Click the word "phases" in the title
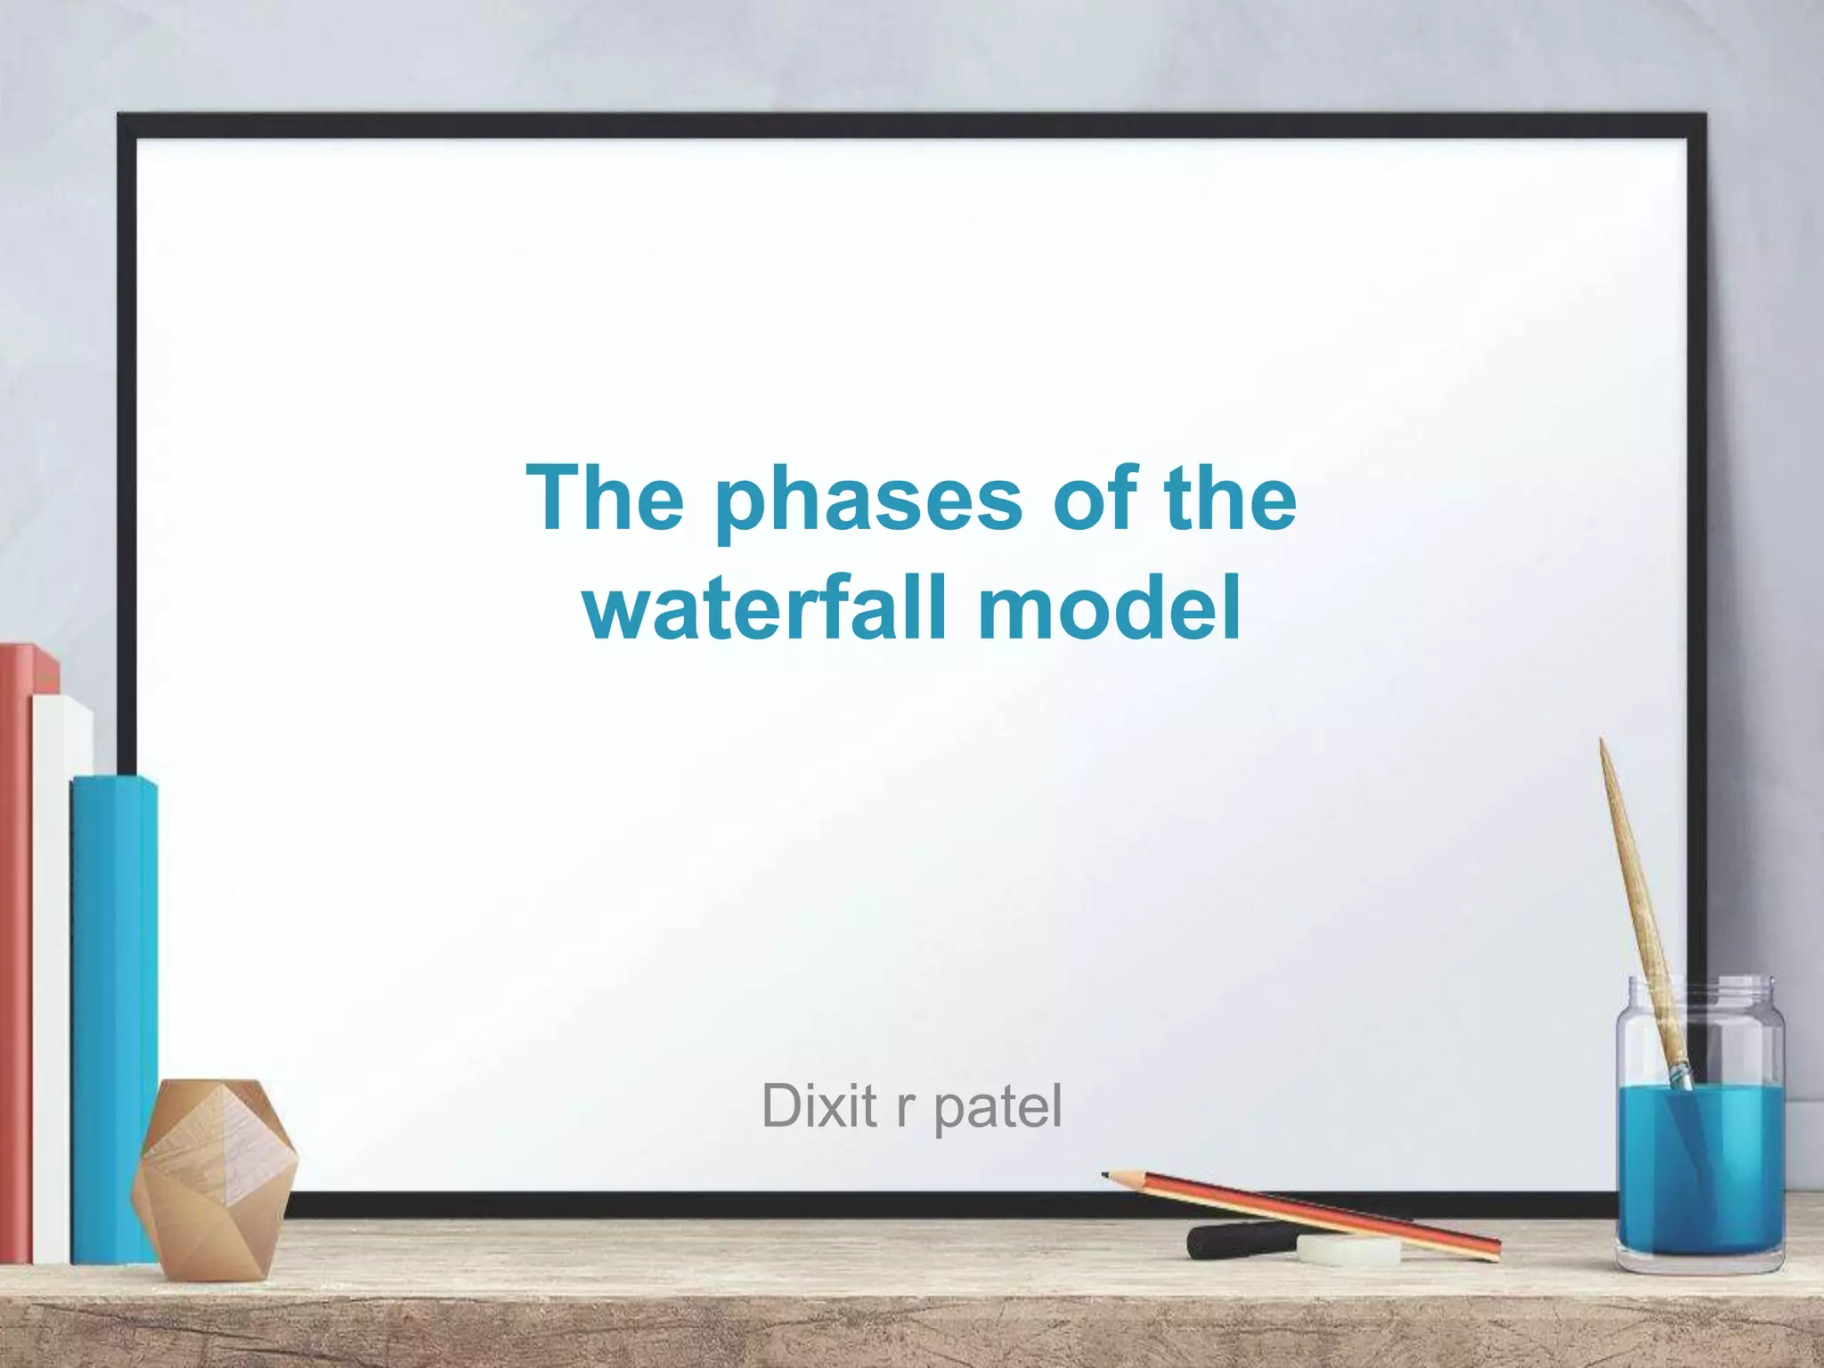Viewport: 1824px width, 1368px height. click(x=869, y=501)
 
